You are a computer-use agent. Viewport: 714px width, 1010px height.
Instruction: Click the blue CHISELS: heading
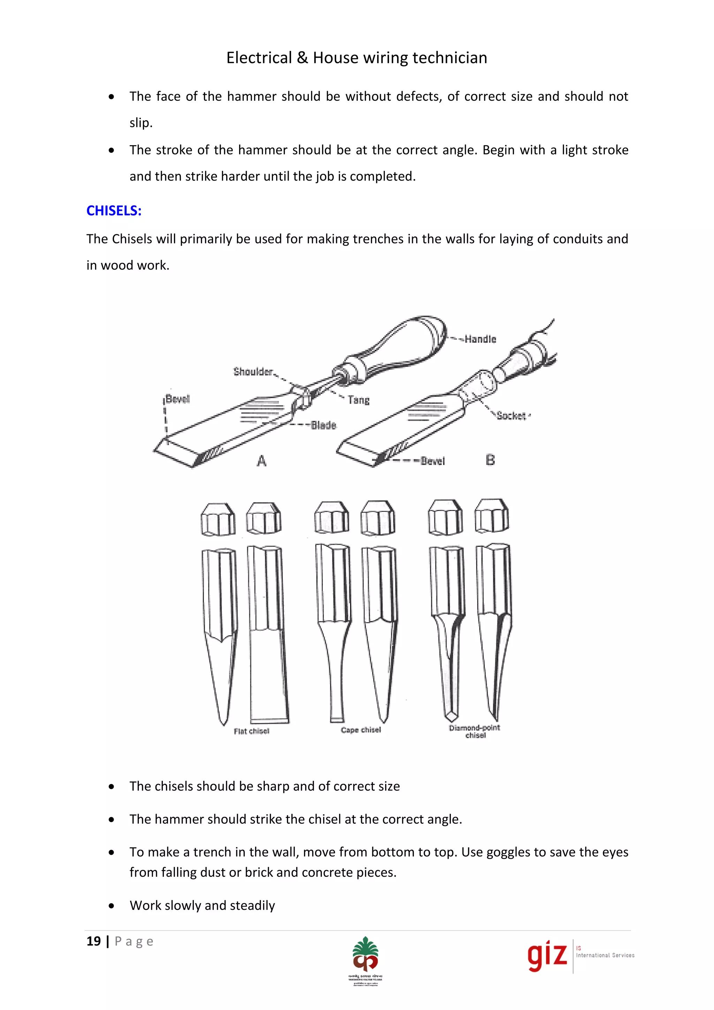point(114,211)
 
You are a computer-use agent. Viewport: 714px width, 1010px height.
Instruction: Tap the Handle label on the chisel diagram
point(480,339)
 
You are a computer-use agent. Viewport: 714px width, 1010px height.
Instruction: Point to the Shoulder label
point(253,372)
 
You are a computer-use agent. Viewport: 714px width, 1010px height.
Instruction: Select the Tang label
point(359,400)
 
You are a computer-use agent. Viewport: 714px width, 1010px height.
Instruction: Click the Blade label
point(324,425)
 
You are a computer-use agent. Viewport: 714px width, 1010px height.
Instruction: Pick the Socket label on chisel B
point(511,416)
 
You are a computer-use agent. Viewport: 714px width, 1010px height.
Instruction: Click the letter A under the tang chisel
point(261,461)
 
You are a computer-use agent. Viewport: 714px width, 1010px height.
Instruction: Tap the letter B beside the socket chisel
point(490,460)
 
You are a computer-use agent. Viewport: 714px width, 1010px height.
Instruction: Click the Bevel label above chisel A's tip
point(177,399)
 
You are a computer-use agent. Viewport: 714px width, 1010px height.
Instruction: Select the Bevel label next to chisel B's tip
point(433,461)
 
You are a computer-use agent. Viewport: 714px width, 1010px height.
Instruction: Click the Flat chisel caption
point(251,731)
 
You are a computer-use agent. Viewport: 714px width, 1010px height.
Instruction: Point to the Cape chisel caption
point(361,730)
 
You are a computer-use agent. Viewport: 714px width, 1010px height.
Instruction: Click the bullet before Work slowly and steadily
point(112,906)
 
